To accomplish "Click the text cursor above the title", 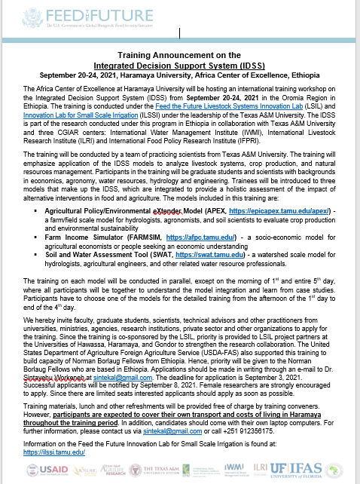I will coord(180,32).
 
